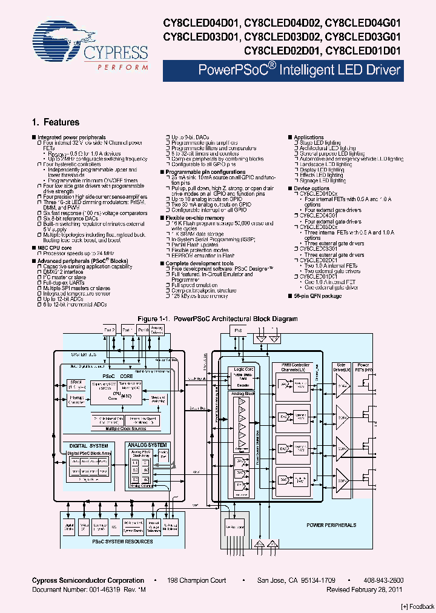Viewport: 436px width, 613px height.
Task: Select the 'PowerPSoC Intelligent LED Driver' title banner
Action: pos(300,70)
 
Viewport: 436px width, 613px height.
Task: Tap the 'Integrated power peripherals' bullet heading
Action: pos(71,138)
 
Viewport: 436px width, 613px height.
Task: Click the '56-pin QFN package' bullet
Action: pos(319,296)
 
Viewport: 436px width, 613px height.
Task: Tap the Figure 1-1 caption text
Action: pos(217,319)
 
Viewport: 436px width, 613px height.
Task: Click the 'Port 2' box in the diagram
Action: pos(110,330)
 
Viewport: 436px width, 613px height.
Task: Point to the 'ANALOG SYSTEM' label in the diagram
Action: pos(148,445)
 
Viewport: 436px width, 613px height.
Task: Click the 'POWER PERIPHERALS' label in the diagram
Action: pos(331,525)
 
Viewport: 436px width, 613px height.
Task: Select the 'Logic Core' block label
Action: pos(240,368)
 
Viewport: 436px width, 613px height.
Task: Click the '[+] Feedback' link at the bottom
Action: pos(418,606)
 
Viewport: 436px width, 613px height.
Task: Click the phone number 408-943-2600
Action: pos(383,580)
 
